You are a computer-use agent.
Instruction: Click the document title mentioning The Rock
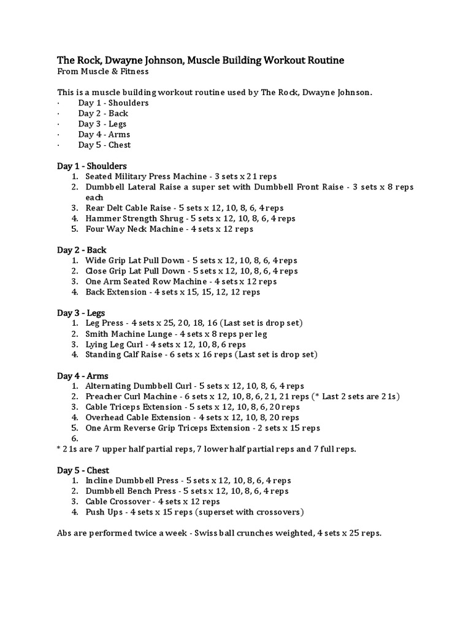click(x=201, y=60)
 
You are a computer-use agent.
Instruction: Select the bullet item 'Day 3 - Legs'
click(x=102, y=124)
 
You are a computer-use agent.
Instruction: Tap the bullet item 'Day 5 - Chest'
click(x=104, y=145)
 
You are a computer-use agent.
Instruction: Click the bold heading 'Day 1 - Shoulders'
click(x=92, y=166)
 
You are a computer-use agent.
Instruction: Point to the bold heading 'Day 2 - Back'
click(x=82, y=250)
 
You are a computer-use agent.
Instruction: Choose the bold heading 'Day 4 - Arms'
click(x=82, y=376)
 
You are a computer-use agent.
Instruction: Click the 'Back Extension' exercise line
click(x=172, y=292)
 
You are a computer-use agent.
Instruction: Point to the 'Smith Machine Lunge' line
click(x=176, y=334)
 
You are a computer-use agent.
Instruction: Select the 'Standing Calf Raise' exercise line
click(x=201, y=355)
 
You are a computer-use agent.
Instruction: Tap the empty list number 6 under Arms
click(x=75, y=438)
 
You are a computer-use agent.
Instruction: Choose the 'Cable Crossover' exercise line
click(x=169, y=502)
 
